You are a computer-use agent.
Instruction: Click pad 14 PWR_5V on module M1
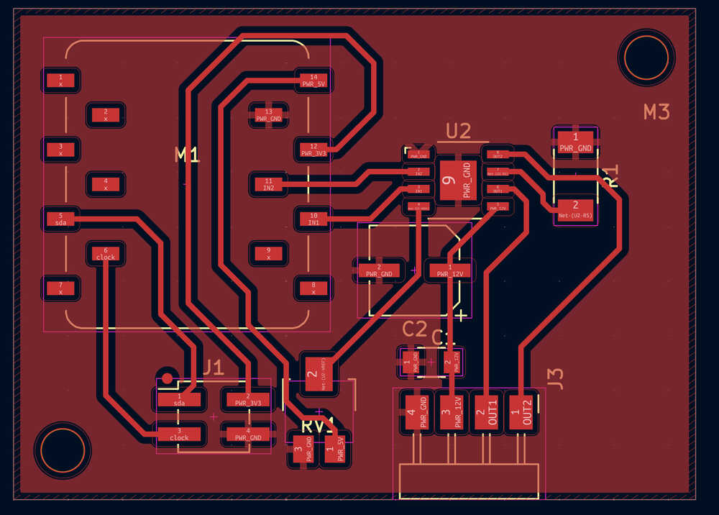313,80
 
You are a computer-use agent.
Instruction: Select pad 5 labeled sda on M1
60,219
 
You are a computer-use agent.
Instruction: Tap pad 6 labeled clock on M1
106,253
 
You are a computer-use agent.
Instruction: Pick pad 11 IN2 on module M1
269,184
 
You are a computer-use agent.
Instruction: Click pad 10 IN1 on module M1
313,219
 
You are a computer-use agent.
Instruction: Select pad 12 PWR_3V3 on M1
313,150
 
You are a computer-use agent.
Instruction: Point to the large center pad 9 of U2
458,181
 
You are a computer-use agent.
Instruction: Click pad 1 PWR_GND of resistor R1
575,143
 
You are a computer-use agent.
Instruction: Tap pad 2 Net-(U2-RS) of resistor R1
575,209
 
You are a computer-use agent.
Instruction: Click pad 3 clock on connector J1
179,434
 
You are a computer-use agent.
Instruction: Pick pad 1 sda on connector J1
179,399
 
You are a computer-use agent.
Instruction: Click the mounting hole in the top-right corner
646,57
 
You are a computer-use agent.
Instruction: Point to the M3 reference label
656,111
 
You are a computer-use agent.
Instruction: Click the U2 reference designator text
458,131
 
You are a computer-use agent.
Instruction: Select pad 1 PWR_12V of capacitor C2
451,271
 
